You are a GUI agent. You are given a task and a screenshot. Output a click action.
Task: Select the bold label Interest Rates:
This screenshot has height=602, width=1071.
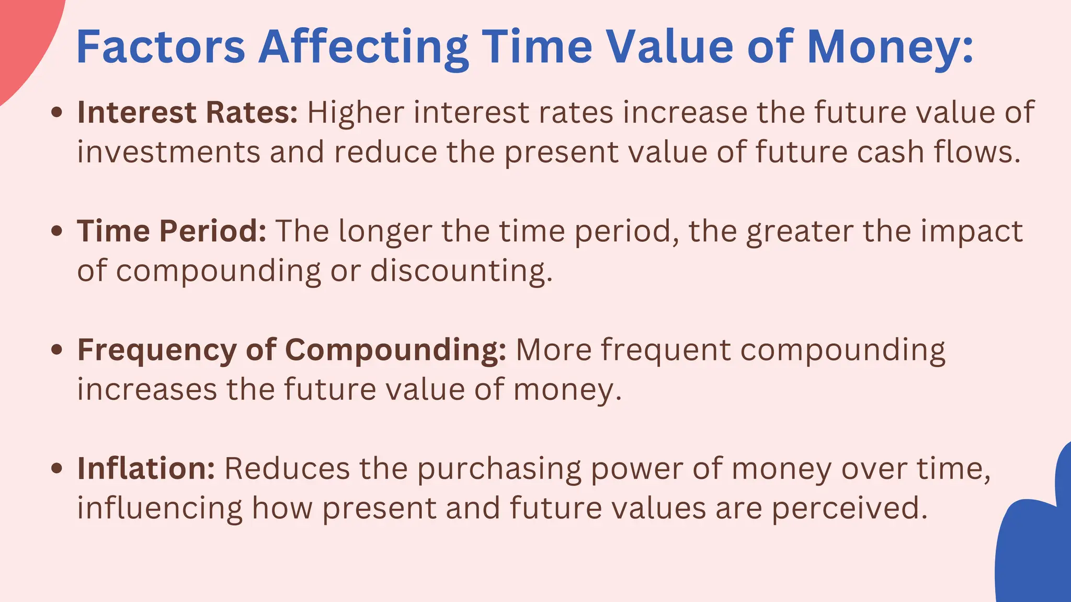coord(187,112)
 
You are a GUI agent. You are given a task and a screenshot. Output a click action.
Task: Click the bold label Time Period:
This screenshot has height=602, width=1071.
coord(172,231)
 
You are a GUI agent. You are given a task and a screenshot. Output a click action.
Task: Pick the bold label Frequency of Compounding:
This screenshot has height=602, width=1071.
coord(291,350)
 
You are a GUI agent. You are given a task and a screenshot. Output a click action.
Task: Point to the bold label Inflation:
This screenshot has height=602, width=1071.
coord(146,468)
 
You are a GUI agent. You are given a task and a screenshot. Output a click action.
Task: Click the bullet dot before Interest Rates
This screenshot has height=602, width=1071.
coord(58,112)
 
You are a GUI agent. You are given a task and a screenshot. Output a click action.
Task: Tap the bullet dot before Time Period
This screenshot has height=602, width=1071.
coord(58,231)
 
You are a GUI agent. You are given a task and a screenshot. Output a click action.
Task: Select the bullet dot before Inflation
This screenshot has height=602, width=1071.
coord(58,468)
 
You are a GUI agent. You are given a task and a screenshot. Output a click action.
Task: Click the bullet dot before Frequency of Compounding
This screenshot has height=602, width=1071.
coord(58,350)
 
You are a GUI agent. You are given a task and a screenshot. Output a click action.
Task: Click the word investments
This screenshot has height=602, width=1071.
coord(168,152)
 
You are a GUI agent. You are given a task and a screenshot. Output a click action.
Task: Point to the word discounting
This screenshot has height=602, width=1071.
coord(461,271)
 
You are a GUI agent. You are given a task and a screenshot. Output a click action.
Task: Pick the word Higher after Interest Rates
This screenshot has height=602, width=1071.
coord(356,112)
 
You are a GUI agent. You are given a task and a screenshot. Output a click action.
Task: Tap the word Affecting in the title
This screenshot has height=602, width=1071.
coord(363,47)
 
